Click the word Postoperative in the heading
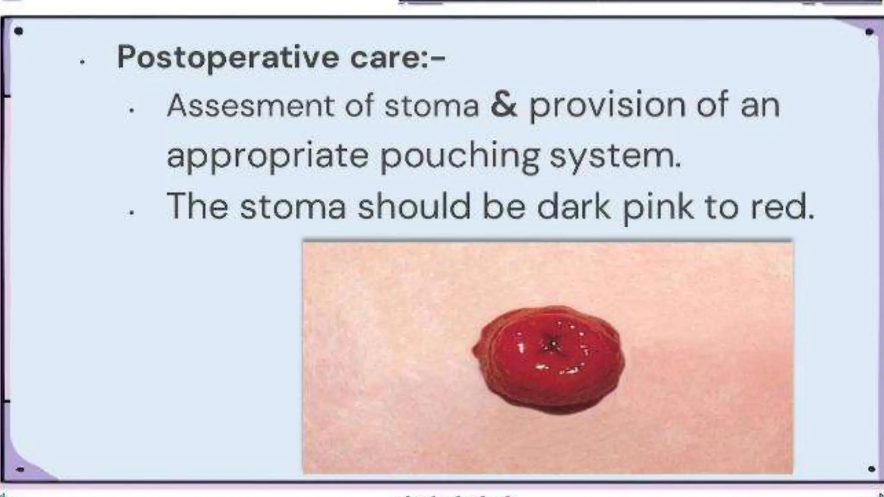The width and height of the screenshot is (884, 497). click(228, 57)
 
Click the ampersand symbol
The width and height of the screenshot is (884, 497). click(503, 105)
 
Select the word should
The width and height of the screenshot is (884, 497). click(414, 206)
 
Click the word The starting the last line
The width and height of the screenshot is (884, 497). click(197, 206)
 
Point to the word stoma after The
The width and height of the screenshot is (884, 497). click(293, 206)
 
